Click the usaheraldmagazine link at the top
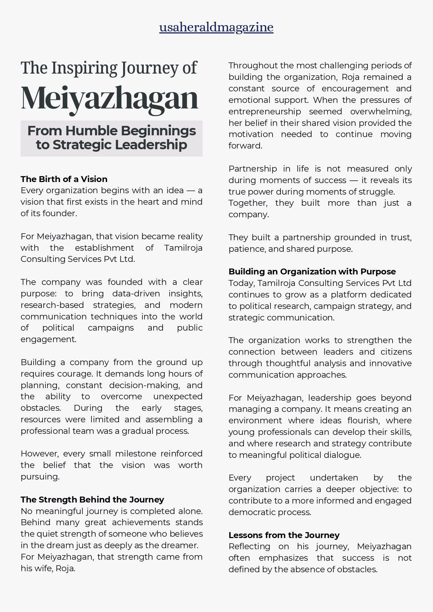216,27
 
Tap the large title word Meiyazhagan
110,98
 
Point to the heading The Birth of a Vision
64,179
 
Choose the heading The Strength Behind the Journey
92,499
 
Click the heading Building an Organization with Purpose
312,272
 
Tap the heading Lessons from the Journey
284,535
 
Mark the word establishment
104,248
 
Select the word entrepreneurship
264,112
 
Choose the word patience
244,249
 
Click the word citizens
396,352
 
